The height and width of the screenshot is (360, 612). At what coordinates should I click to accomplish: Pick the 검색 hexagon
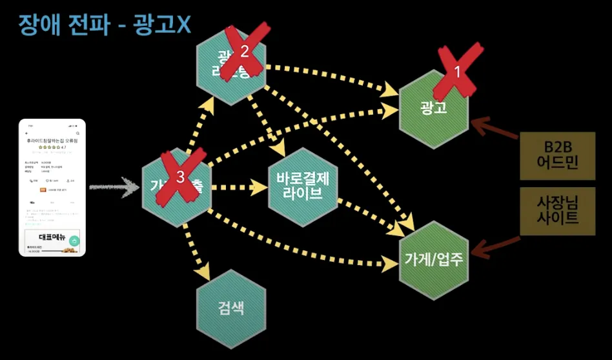click(x=230, y=306)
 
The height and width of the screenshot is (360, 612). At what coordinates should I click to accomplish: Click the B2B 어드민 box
click(x=548, y=156)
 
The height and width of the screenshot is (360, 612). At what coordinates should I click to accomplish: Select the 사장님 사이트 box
click(x=548, y=212)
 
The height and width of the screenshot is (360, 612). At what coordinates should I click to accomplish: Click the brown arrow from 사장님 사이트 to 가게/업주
click(x=498, y=245)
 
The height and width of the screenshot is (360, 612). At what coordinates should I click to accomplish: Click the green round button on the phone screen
click(x=75, y=241)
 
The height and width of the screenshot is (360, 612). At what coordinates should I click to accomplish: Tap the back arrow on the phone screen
click(x=26, y=133)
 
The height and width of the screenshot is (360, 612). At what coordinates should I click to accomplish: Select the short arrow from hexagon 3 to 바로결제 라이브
click(x=240, y=188)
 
